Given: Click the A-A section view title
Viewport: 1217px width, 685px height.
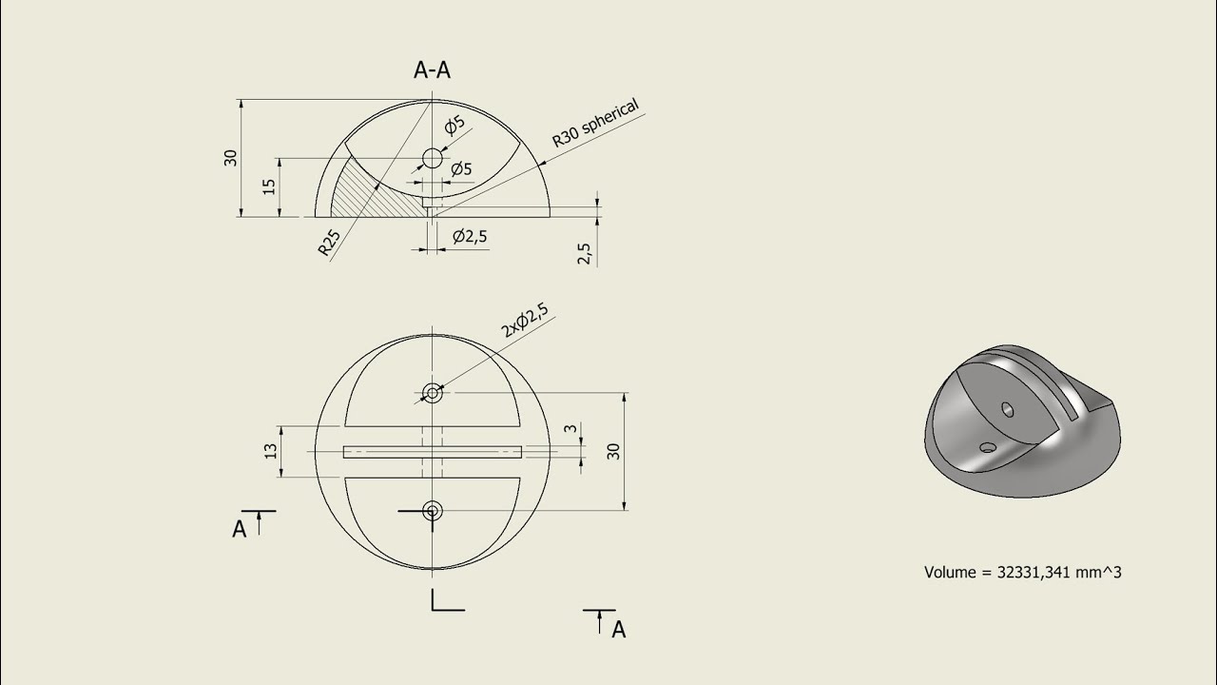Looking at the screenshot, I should (432, 70).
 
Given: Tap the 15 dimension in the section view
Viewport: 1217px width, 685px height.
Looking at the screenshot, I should (270, 186).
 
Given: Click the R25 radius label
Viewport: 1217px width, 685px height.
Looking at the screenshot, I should (329, 245).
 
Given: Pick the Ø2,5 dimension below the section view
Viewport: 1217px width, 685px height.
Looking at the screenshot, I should (471, 236).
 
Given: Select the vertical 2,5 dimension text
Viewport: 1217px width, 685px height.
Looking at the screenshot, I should (584, 252).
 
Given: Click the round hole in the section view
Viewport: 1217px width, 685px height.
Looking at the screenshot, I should (433, 158).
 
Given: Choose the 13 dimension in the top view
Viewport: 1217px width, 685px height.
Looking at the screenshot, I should (271, 451).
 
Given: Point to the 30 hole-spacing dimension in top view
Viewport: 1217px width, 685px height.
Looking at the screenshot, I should (614, 451).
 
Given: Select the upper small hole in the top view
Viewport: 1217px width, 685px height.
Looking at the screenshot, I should (433, 392).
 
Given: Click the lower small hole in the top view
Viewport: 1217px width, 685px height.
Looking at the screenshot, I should (433, 511).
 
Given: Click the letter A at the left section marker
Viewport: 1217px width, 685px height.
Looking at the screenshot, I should (240, 529).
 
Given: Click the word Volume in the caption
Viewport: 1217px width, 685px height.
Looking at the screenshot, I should (950, 573).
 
